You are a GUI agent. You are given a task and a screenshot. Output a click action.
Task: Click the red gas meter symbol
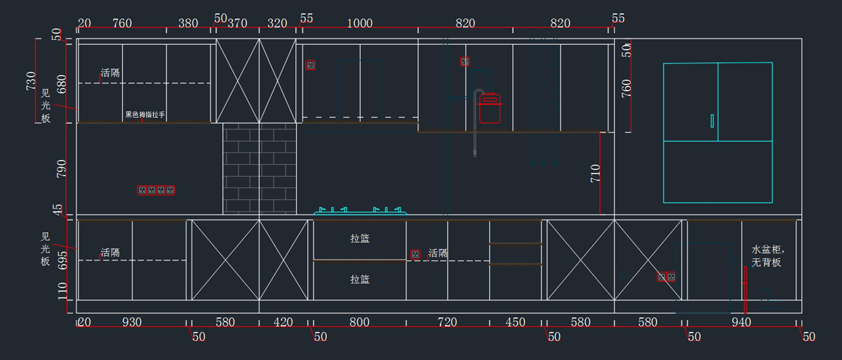(489, 108)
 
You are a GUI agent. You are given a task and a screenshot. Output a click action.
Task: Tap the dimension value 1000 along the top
(360, 23)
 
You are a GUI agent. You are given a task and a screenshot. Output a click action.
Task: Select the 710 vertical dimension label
(595, 173)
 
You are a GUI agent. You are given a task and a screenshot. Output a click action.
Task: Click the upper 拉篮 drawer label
(360, 239)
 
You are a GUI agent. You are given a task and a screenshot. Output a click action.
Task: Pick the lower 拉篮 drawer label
(360, 279)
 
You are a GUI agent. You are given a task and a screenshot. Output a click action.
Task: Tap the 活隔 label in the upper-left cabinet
(110, 73)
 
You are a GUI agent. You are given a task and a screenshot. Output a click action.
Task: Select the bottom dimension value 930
(132, 322)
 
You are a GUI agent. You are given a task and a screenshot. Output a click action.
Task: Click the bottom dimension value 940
(741, 322)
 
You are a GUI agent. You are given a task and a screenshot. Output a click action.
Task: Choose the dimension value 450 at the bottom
(516, 322)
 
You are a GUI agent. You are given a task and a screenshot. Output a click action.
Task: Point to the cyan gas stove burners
(360, 209)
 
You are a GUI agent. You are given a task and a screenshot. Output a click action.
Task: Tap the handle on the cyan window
(712, 121)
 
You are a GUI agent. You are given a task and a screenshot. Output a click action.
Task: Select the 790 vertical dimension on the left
(62, 168)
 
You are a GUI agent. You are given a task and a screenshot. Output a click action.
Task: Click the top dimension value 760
(122, 23)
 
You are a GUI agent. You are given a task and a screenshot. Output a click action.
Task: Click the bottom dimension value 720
(447, 322)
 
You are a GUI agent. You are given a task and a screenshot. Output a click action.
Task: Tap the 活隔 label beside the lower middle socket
(438, 253)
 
